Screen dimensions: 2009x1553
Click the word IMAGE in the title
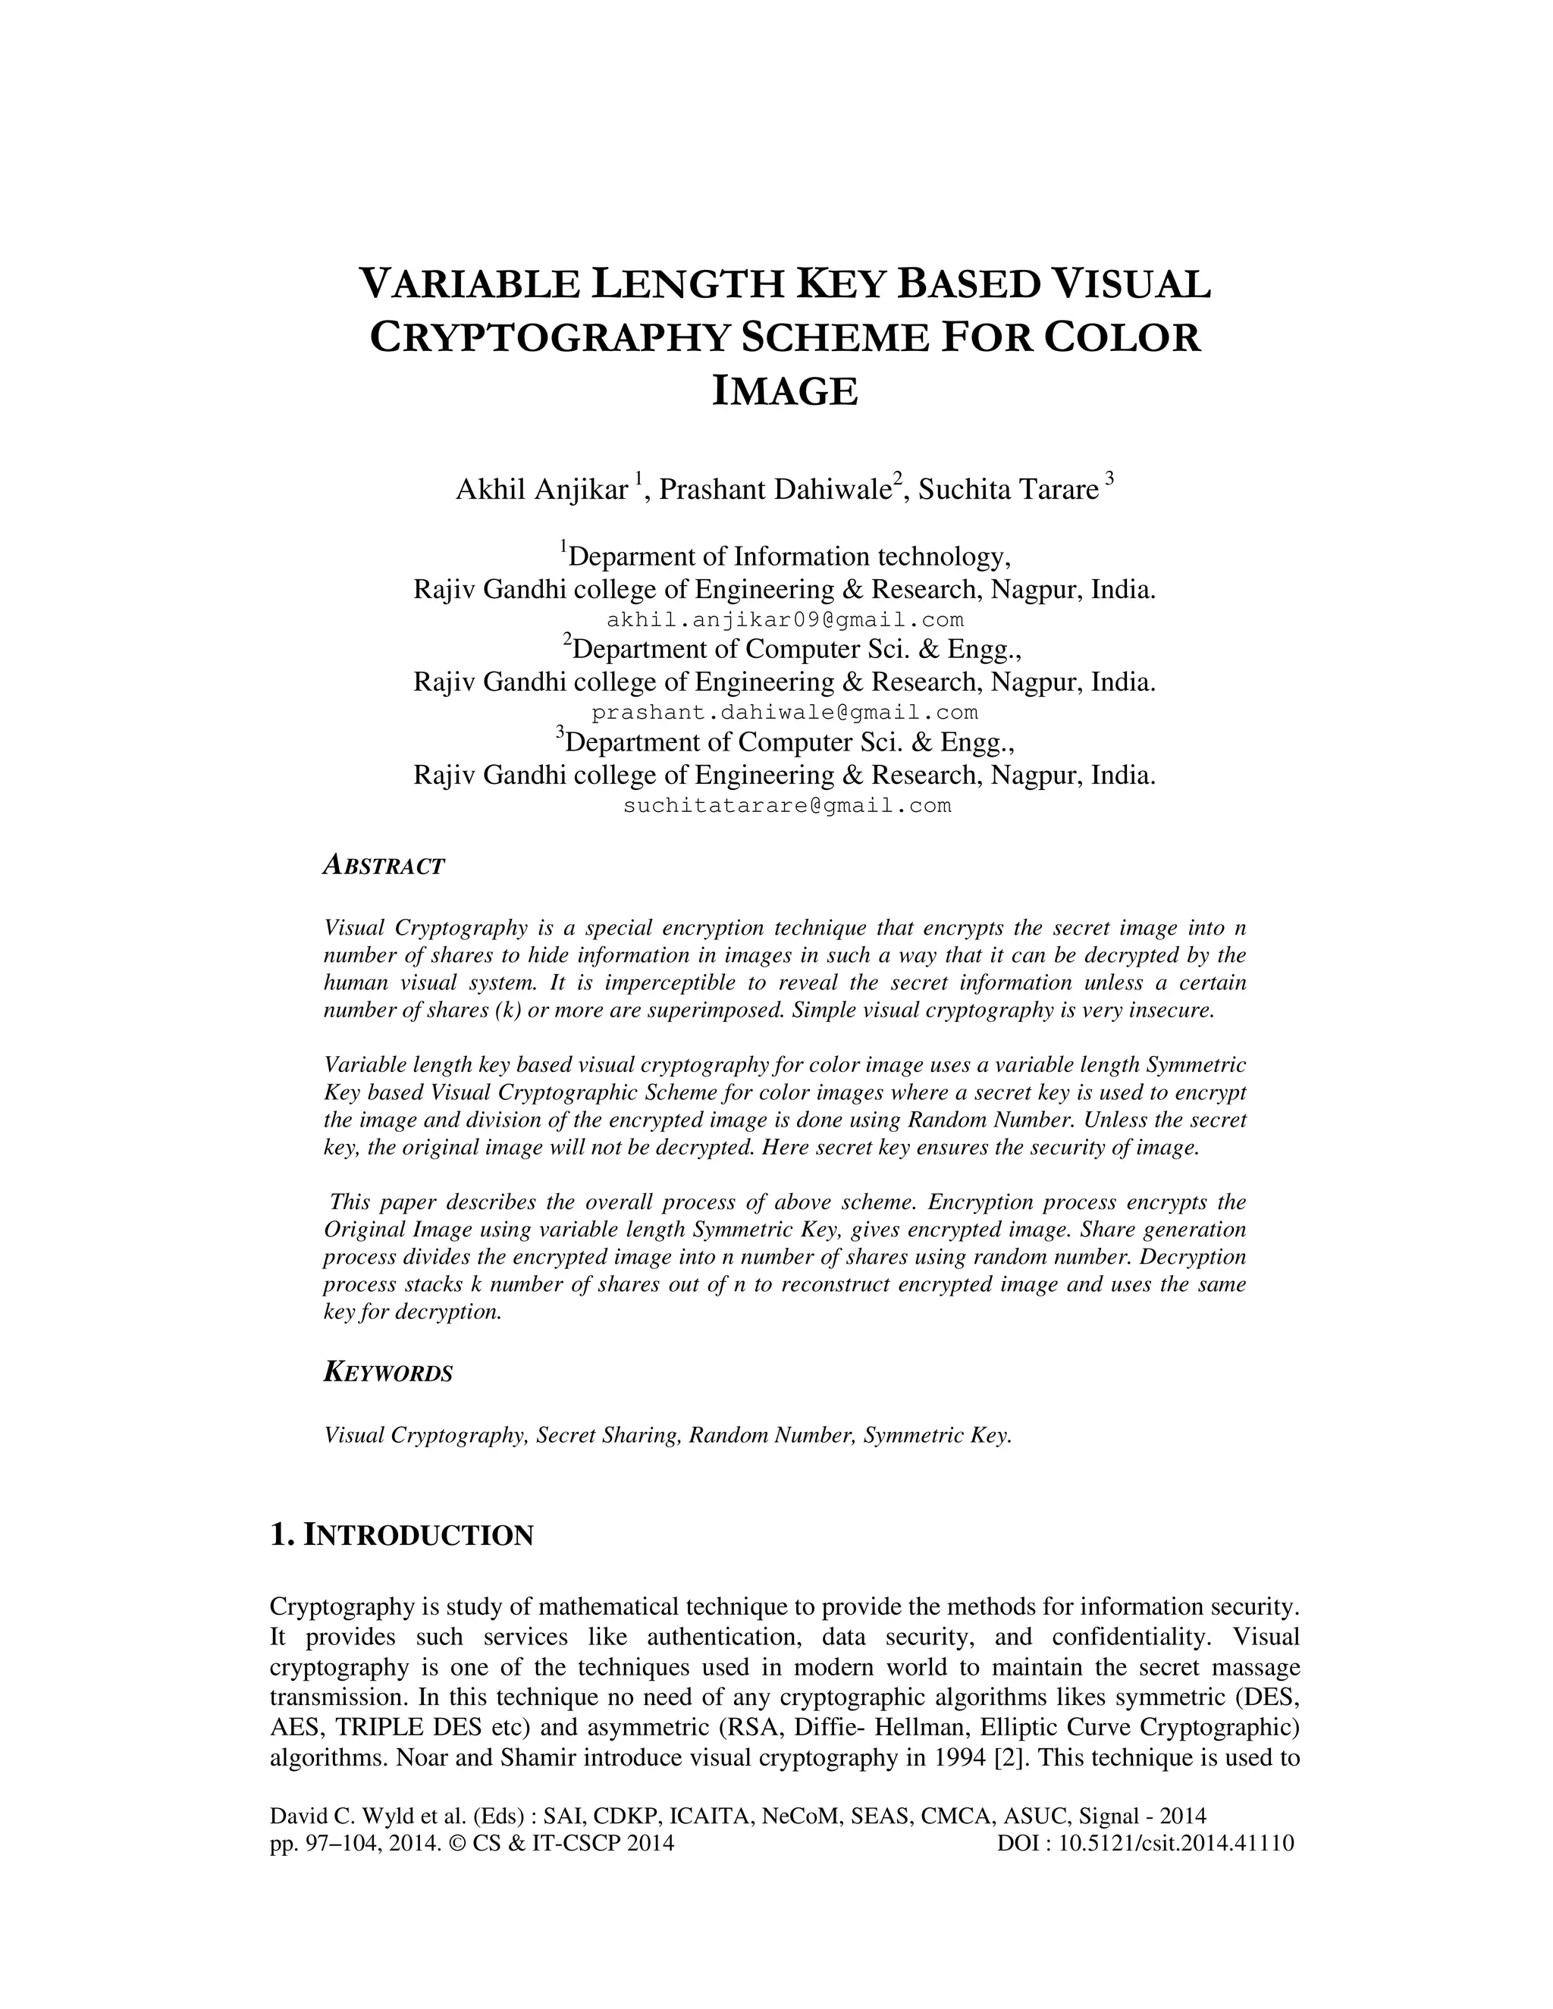(785, 392)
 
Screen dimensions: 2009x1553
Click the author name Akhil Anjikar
(541, 490)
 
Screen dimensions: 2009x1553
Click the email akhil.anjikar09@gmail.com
(785, 620)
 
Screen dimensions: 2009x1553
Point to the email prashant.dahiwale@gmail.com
(785, 713)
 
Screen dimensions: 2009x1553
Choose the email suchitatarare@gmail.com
(786, 807)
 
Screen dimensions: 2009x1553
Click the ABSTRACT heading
(384, 866)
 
